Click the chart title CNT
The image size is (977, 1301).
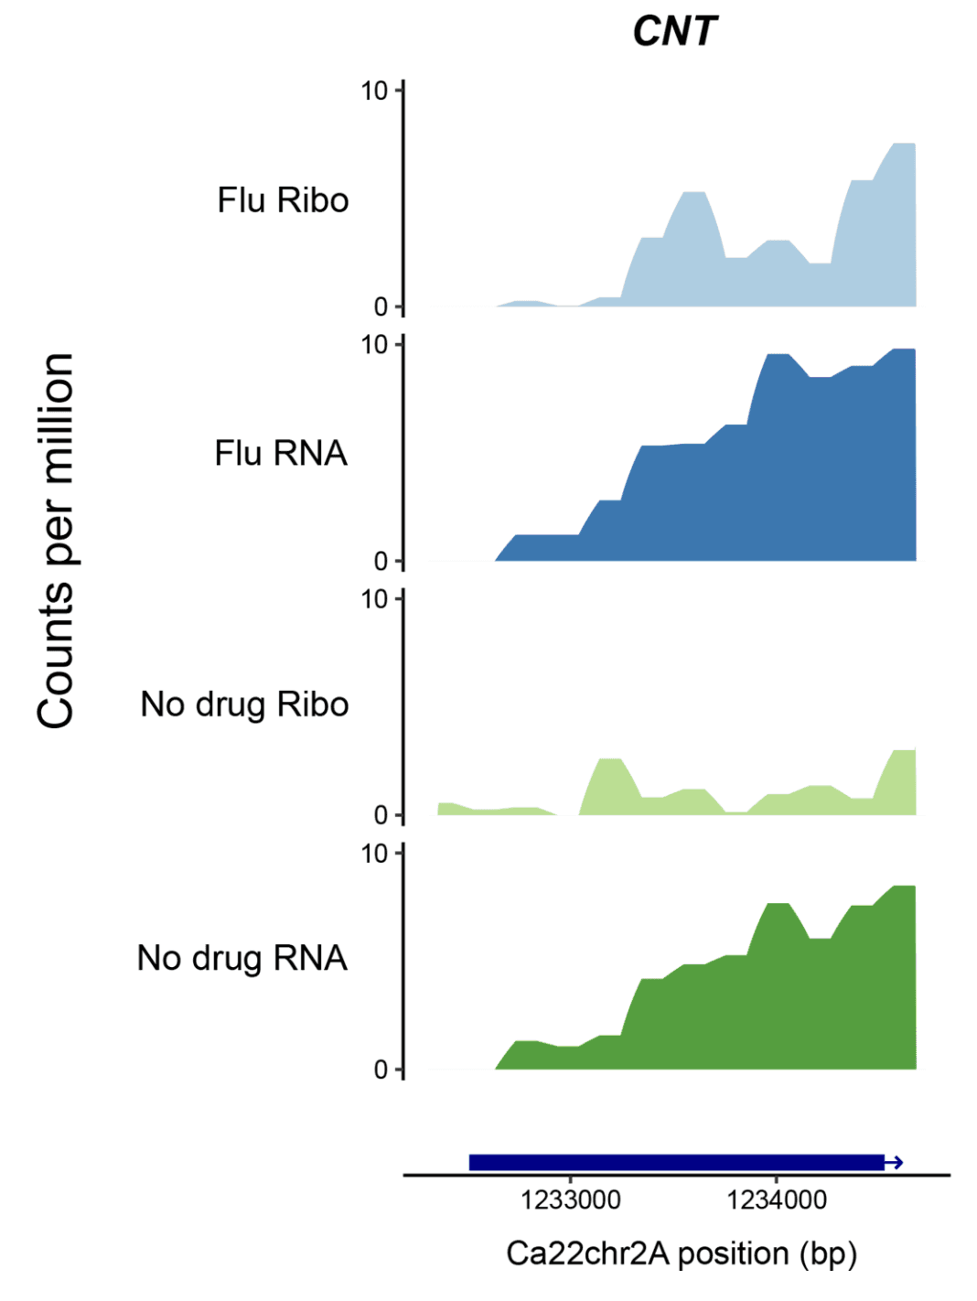pyautogui.click(x=675, y=32)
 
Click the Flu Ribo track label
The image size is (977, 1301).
pyautogui.click(x=283, y=200)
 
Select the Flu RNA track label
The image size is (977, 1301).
pyautogui.click(x=281, y=453)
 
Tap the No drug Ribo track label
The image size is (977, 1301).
pyautogui.click(x=244, y=704)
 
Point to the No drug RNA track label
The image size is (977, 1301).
pyautogui.click(x=242, y=958)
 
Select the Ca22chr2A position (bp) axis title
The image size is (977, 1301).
pyautogui.click(x=682, y=1253)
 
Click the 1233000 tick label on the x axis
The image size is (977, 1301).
pyautogui.click(x=571, y=1200)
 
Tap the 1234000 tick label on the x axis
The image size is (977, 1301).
pyautogui.click(x=777, y=1200)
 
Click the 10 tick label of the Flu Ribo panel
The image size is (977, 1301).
pyautogui.click(x=375, y=91)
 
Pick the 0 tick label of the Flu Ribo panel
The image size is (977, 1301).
pyautogui.click(x=381, y=307)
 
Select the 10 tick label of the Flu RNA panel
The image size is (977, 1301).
pyautogui.click(x=375, y=345)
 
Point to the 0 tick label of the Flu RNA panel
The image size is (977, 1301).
pyautogui.click(x=381, y=562)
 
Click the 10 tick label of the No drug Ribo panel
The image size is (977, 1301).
pyautogui.click(x=375, y=599)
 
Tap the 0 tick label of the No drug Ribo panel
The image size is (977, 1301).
pyautogui.click(x=381, y=815)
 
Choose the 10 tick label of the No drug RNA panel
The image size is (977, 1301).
pyautogui.click(x=375, y=854)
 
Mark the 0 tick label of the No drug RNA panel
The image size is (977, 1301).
pyautogui.click(x=381, y=1070)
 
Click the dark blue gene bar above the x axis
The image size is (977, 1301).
pyautogui.click(x=676, y=1163)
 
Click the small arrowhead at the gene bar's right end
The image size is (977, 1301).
pyautogui.click(x=897, y=1163)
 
